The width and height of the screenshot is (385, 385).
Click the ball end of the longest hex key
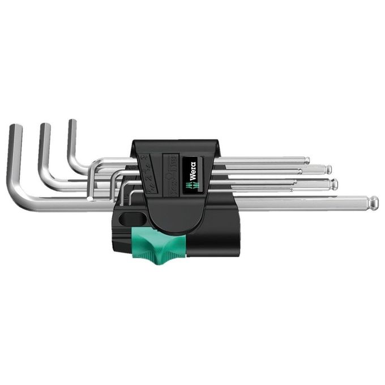point(374,202)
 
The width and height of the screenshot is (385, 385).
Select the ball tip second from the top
point(328,169)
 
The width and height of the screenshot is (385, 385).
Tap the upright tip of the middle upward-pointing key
point(45,127)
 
